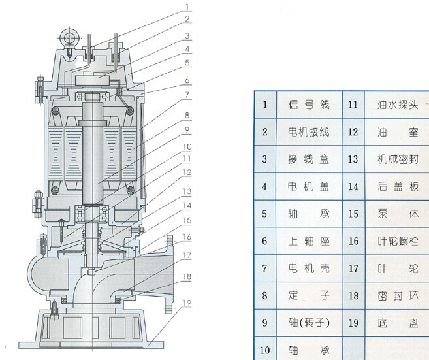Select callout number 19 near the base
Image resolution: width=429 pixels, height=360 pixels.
click(187, 303)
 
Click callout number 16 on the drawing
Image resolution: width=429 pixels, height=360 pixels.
click(187, 237)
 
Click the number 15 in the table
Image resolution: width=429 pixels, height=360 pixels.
click(354, 214)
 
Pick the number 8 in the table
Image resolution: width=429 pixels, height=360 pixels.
click(265, 296)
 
